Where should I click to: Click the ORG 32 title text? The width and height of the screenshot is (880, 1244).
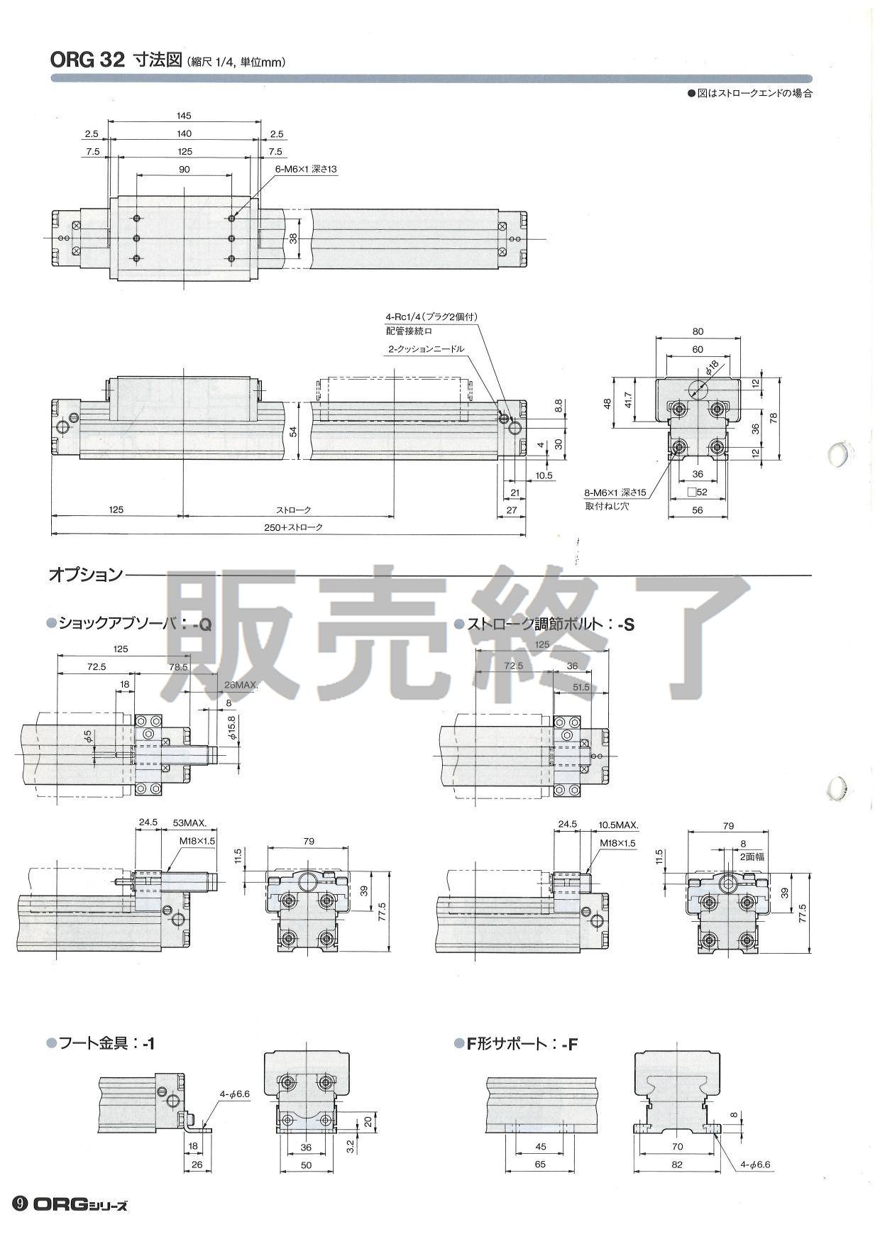tap(87, 60)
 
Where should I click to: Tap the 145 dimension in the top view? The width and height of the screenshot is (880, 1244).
tap(185, 116)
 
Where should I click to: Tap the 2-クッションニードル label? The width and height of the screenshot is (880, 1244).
tap(426, 349)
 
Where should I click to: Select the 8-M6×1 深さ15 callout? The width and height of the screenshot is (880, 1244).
tap(615, 492)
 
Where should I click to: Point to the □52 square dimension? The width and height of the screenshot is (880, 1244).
tap(698, 492)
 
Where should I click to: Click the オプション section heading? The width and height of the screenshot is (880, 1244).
tap(85, 574)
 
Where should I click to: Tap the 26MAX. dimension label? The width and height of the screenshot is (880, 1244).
tap(241, 686)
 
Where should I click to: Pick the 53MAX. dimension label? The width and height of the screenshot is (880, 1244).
tap(189, 824)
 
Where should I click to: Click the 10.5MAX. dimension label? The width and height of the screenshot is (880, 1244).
tap(618, 825)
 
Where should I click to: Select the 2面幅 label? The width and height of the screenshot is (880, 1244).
tap(744, 857)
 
